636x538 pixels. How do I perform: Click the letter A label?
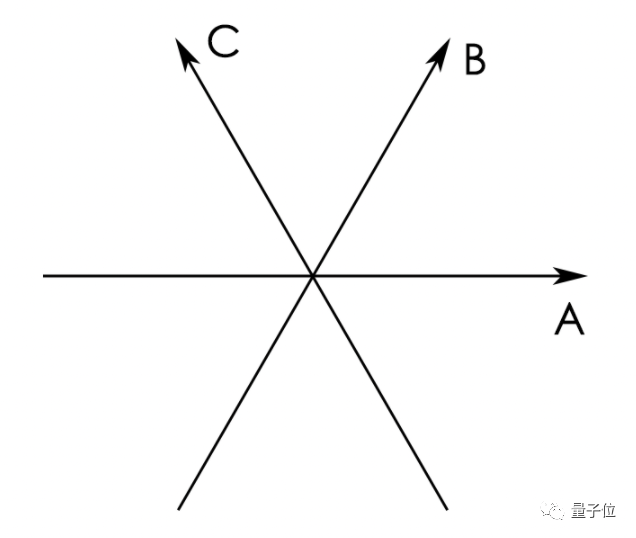569,320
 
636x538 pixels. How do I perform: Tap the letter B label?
475,60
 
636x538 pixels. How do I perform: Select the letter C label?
223,41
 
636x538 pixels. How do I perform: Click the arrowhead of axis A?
570,276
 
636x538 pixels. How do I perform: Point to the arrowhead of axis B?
440,54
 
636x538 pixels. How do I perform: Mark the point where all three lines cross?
313,276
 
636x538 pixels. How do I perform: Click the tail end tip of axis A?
43,276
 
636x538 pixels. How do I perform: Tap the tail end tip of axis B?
178,510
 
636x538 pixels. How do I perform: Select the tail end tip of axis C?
447,510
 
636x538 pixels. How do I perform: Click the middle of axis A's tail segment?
178,276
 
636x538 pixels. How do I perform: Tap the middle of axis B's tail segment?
245,393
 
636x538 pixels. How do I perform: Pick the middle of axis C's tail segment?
380,393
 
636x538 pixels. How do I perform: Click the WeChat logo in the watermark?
552,510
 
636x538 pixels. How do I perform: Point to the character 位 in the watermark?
608,510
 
